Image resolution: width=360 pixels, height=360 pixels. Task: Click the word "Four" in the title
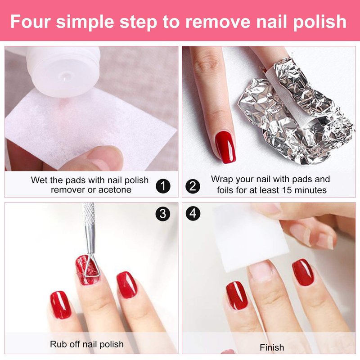click(30, 21)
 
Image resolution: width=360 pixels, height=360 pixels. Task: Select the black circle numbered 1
click(163, 186)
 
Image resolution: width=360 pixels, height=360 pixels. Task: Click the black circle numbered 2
click(193, 186)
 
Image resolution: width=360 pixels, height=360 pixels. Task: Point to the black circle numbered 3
click(163, 214)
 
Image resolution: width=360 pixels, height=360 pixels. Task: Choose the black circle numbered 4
click(193, 213)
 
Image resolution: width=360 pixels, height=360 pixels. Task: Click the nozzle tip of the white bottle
click(65, 77)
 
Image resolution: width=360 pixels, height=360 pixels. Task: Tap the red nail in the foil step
click(225, 147)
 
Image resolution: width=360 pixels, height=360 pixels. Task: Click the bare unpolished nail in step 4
click(261, 271)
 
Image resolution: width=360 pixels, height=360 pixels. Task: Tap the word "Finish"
click(272, 347)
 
